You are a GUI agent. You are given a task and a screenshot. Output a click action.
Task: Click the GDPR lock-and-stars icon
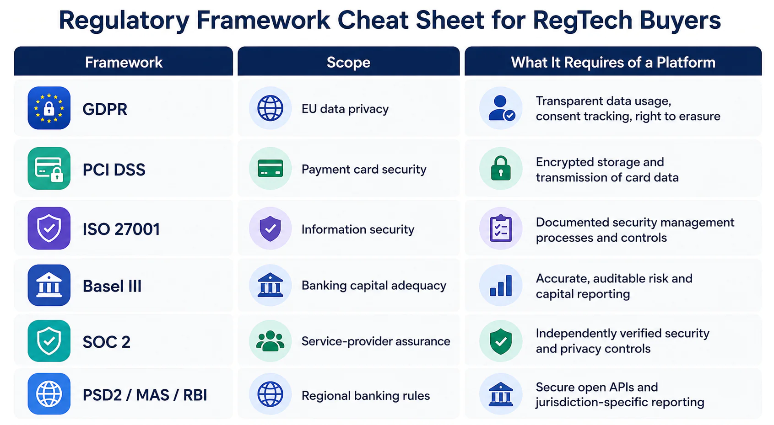point(49,108)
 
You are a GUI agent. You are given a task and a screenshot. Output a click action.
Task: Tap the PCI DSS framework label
point(114,170)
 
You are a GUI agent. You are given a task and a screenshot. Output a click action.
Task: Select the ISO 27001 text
point(121,229)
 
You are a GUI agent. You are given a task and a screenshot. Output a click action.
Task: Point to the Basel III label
point(112,286)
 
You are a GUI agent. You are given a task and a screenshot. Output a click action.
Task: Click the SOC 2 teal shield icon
point(49,341)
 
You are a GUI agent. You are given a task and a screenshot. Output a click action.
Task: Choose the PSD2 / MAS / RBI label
point(145,395)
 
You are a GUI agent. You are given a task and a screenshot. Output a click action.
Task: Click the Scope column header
point(348,63)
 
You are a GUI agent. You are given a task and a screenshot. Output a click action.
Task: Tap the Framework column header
point(124,63)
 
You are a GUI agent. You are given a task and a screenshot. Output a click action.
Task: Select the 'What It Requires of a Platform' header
point(613,63)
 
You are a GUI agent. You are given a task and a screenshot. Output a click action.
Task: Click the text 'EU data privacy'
point(345,109)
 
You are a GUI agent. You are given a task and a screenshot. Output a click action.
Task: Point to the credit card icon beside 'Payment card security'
point(270,169)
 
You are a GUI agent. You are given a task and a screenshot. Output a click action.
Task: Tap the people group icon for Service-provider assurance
point(270,341)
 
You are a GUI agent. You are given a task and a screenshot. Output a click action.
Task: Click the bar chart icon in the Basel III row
point(501,285)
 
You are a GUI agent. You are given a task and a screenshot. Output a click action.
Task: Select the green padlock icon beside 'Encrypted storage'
point(501,168)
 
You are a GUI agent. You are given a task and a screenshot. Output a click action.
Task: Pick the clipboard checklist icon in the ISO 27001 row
point(501,228)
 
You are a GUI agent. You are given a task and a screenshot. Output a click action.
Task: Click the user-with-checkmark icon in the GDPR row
point(501,108)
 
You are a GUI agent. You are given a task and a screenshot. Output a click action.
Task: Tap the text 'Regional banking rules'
point(366,396)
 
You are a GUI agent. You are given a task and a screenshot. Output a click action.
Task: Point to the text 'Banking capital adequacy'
point(374,286)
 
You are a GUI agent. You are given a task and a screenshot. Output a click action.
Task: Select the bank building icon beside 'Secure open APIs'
point(501,394)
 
